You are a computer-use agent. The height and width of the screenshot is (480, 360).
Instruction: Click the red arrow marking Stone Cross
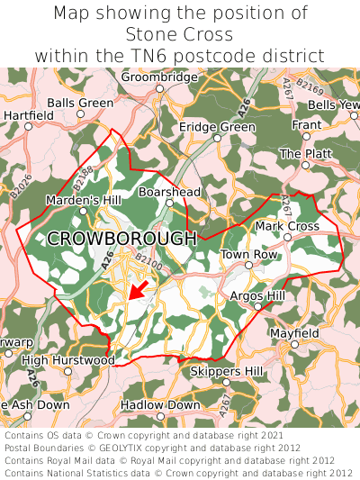click(138, 289)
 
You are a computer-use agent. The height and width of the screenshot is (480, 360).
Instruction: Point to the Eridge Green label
click(217, 128)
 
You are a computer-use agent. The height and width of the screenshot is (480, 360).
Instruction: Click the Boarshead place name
click(169, 192)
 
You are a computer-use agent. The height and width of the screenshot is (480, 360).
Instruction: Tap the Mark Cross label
click(287, 226)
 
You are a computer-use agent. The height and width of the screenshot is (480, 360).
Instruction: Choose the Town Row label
click(249, 255)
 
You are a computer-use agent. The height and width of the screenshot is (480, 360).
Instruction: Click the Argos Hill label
click(257, 295)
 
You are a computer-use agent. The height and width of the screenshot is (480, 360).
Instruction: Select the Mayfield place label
click(294, 333)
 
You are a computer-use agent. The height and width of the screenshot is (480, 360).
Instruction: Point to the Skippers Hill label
click(227, 371)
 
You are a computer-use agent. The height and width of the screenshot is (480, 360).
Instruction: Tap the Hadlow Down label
click(160, 405)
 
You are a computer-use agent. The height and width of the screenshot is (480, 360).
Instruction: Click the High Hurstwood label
click(68, 360)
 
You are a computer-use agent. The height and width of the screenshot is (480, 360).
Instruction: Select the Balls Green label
click(80, 104)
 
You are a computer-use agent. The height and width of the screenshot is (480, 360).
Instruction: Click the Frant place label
click(306, 124)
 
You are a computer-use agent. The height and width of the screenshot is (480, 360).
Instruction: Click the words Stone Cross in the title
click(180, 34)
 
